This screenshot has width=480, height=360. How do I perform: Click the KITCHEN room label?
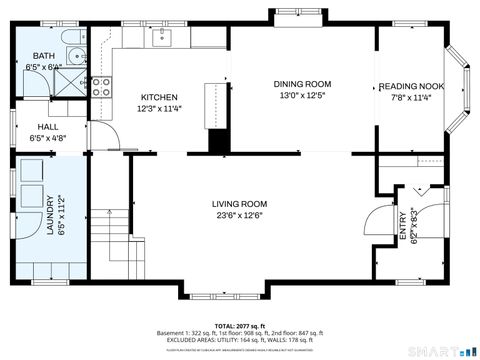tap(159, 97)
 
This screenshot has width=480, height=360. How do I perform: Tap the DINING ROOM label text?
tap(302, 84)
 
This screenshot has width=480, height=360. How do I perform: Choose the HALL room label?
tap(47, 127)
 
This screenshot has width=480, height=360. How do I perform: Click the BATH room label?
tap(45, 56)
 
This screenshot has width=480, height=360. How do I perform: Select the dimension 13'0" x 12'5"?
tap(302, 96)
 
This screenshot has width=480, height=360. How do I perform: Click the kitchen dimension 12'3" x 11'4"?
tap(159, 109)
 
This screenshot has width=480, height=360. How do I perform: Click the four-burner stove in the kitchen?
tap(101, 87)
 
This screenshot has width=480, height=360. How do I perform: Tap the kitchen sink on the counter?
tap(161, 38)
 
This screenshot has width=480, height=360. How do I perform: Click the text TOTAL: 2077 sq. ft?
tap(238, 325)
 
